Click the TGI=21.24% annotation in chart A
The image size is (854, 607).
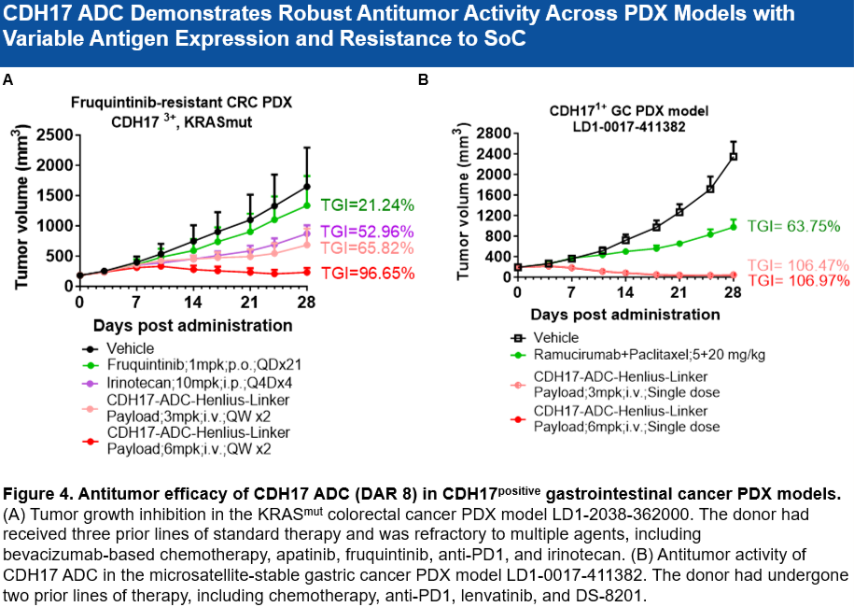367,205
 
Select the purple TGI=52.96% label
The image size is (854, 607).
367,232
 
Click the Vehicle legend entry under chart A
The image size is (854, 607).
131,348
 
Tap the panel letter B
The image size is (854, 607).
423,80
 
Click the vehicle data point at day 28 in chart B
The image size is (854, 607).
734,156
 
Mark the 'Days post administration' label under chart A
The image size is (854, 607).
192,326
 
